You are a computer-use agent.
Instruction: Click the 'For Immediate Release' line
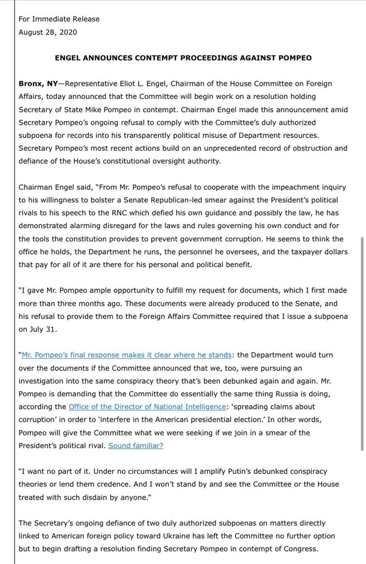pos(59,19)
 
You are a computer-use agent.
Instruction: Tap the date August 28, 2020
pos(48,32)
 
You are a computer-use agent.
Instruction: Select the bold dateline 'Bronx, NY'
pos(38,84)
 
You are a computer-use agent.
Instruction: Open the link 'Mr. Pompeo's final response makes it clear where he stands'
pos(127,355)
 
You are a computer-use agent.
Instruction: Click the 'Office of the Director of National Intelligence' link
pos(147,407)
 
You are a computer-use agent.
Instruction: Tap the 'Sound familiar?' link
pos(136,446)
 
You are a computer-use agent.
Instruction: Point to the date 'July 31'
pos(43,329)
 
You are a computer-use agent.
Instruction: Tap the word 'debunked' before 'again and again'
pos(264,381)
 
